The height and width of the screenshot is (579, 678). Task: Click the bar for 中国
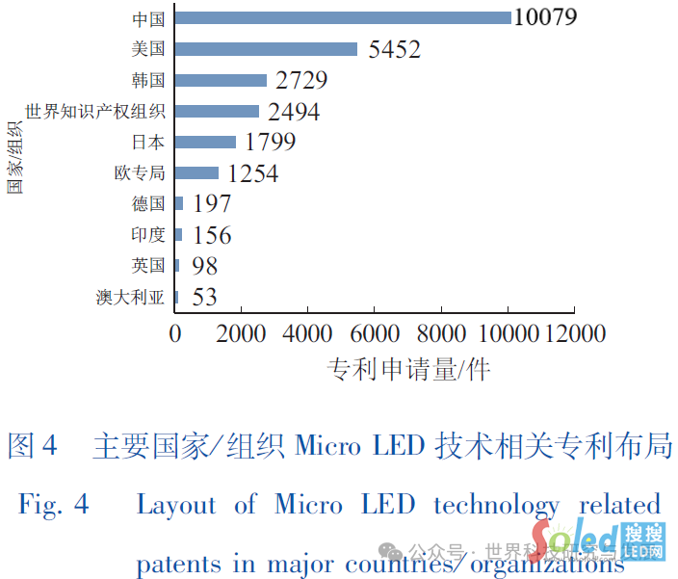(x=344, y=17)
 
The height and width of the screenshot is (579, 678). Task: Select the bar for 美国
(x=267, y=49)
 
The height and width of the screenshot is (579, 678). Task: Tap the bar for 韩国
(x=222, y=80)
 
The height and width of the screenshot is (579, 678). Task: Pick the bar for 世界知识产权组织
(x=218, y=112)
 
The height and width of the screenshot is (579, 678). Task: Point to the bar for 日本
(x=206, y=143)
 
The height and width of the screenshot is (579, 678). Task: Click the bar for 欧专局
(x=197, y=173)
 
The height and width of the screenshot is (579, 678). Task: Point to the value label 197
(x=212, y=204)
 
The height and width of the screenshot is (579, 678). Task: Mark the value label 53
(x=204, y=297)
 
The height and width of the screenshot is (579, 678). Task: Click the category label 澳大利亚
(x=131, y=297)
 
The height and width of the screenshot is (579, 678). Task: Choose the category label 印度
(x=148, y=235)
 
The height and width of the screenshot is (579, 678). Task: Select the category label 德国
(x=148, y=204)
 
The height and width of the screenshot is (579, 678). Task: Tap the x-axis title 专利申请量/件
(x=408, y=369)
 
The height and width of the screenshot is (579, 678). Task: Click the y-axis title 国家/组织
(x=16, y=154)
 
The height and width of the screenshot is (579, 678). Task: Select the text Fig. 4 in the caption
(x=54, y=504)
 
